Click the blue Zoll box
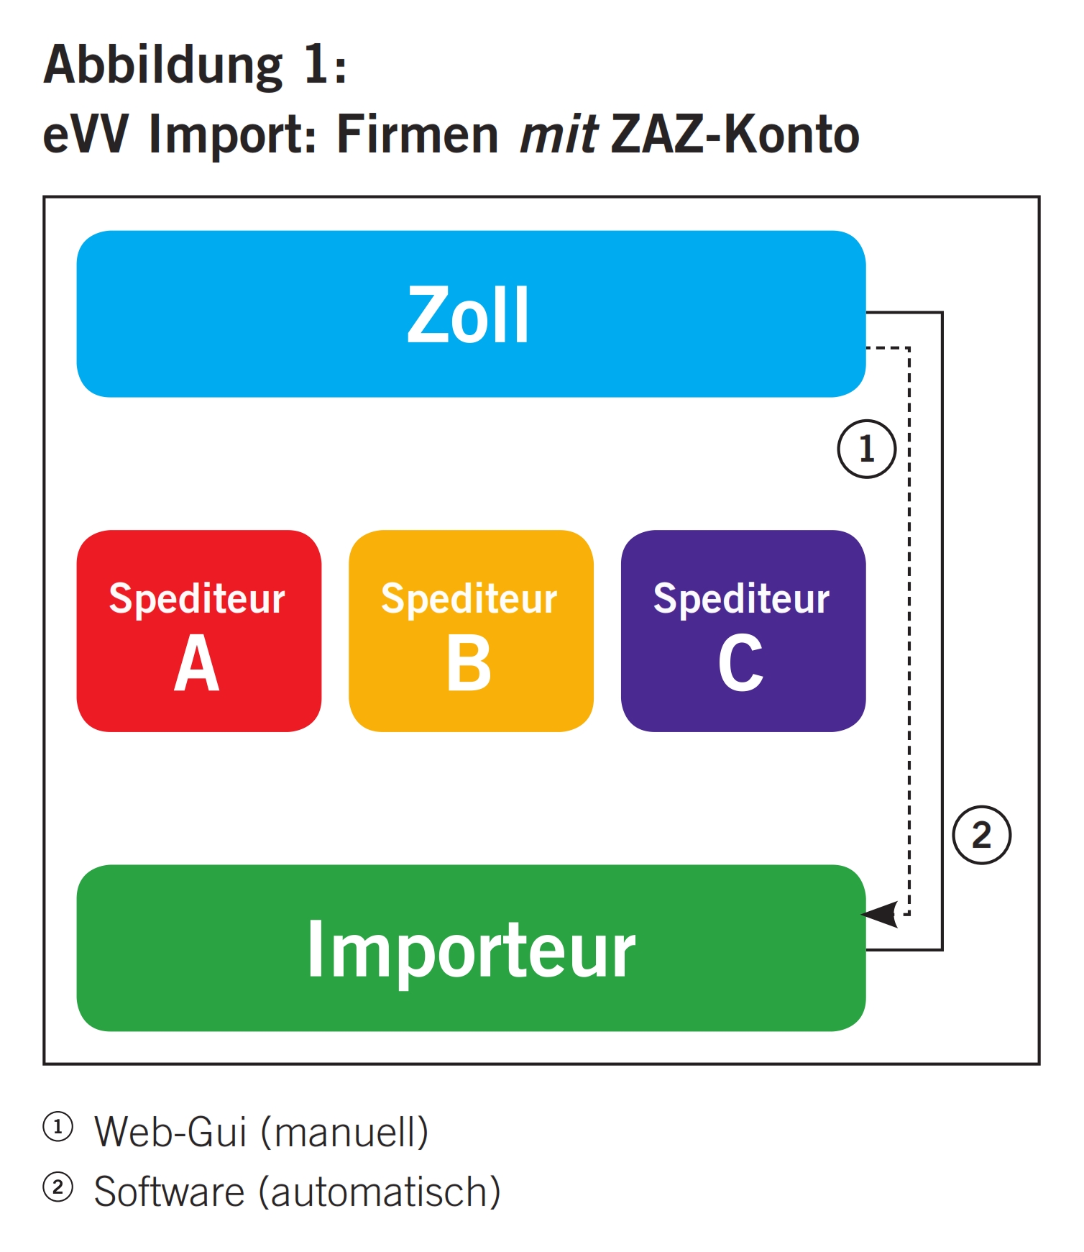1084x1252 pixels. tap(471, 314)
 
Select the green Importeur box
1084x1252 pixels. tap(471, 948)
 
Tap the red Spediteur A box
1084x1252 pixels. tap(198, 631)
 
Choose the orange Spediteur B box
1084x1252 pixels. tap(471, 631)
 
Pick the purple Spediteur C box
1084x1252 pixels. tap(743, 631)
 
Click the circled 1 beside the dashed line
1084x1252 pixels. tap(866, 449)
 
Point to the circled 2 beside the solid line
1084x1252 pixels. tap(981, 835)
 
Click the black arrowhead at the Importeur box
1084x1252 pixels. tap(881, 914)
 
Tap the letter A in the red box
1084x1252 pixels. tap(196, 663)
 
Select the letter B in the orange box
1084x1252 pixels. tap(469, 663)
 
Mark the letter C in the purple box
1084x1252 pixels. tap(740, 663)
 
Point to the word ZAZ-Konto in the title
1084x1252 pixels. tap(735, 134)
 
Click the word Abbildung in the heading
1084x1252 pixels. tap(163, 65)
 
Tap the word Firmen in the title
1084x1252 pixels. tap(417, 134)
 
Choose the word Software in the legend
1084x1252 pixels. tap(170, 1192)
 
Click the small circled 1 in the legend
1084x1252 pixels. tap(58, 1127)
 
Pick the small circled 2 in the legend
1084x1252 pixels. tap(58, 1187)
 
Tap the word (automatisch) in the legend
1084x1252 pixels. tap(380, 1192)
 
